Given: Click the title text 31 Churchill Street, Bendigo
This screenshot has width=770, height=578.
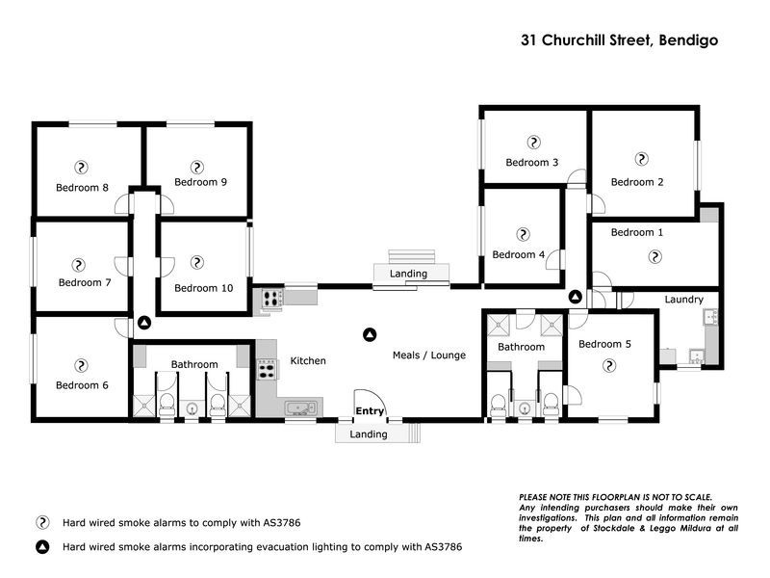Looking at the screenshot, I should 619,40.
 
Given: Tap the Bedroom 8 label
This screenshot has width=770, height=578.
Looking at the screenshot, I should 82,187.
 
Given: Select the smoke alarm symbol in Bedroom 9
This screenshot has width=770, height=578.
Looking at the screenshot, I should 197,167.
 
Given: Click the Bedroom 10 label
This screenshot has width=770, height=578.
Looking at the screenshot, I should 203,287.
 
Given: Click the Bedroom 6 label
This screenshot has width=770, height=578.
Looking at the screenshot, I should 82,385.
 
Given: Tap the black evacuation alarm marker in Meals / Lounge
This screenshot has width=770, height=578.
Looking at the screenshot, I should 369,334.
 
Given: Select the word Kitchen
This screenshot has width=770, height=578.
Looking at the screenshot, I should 308,361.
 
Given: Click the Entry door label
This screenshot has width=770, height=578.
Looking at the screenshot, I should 370,411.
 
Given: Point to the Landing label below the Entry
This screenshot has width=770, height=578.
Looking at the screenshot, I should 369,434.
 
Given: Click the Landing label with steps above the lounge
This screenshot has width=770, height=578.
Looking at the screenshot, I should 408,275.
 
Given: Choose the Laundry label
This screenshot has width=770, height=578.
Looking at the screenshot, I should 683,300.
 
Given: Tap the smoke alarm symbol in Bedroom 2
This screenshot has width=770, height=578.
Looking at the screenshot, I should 638,159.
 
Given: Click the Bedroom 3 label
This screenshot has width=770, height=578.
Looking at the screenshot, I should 532,163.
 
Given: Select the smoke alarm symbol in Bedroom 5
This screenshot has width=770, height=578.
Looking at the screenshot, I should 608,365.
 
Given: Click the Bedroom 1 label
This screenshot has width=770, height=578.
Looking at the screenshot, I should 637,232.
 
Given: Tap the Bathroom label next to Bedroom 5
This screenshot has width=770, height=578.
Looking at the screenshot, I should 521,347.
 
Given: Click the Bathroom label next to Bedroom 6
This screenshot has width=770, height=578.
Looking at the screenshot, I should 194,364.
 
